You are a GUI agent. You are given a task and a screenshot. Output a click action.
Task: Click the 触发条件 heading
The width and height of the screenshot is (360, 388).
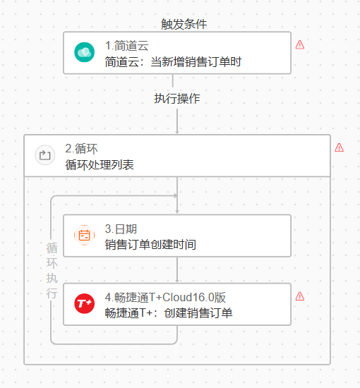(x=184, y=24)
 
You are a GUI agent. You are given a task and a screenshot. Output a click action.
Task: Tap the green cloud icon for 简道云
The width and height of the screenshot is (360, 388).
(x=84, y=52)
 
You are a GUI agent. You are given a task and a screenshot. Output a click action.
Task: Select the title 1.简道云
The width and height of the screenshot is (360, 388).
(x=127, y=46)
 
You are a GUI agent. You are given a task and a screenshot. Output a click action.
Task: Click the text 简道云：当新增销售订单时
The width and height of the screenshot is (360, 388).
(x=173, y=61)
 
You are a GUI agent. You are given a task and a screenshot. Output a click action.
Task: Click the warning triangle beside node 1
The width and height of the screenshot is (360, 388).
(x=300, y=44)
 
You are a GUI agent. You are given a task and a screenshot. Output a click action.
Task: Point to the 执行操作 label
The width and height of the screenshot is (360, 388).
(x=177, y=99)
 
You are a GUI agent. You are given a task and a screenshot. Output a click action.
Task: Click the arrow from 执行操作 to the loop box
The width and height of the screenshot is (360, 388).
(x=177, y=121)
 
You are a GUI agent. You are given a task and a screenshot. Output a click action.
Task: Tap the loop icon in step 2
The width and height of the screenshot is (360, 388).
(x=44, y=155)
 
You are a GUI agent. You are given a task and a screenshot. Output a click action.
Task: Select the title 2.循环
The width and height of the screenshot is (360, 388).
(x=81, y=149)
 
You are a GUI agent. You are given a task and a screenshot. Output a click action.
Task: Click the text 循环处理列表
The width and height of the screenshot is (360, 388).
(x=100, y=165)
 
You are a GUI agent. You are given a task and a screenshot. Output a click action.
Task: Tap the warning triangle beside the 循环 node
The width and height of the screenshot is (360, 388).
(x=339, y=147)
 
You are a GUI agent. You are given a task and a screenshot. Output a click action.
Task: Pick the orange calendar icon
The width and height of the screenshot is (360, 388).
(x=84, y=235)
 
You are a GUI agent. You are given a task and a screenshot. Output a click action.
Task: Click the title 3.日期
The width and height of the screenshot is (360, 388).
(x=121, y=229)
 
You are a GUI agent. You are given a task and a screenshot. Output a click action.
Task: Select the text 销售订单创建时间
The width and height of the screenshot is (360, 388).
(x=150, y=245)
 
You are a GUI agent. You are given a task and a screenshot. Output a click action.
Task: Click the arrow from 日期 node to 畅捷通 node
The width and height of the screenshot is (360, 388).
(x=177, y=269)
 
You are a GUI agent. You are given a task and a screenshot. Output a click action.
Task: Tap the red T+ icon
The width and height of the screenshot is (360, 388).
(x=84, y=303)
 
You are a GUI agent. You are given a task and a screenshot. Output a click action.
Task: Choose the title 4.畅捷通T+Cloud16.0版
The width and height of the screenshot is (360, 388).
(x=165, y=298)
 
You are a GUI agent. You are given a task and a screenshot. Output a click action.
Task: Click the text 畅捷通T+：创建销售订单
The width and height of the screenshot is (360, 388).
(x=169, y=313)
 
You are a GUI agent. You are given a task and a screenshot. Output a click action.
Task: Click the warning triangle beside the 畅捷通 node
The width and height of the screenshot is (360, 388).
(x=300, y=296)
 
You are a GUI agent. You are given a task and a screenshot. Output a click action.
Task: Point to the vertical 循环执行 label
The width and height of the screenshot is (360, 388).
(x=52, y=270)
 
